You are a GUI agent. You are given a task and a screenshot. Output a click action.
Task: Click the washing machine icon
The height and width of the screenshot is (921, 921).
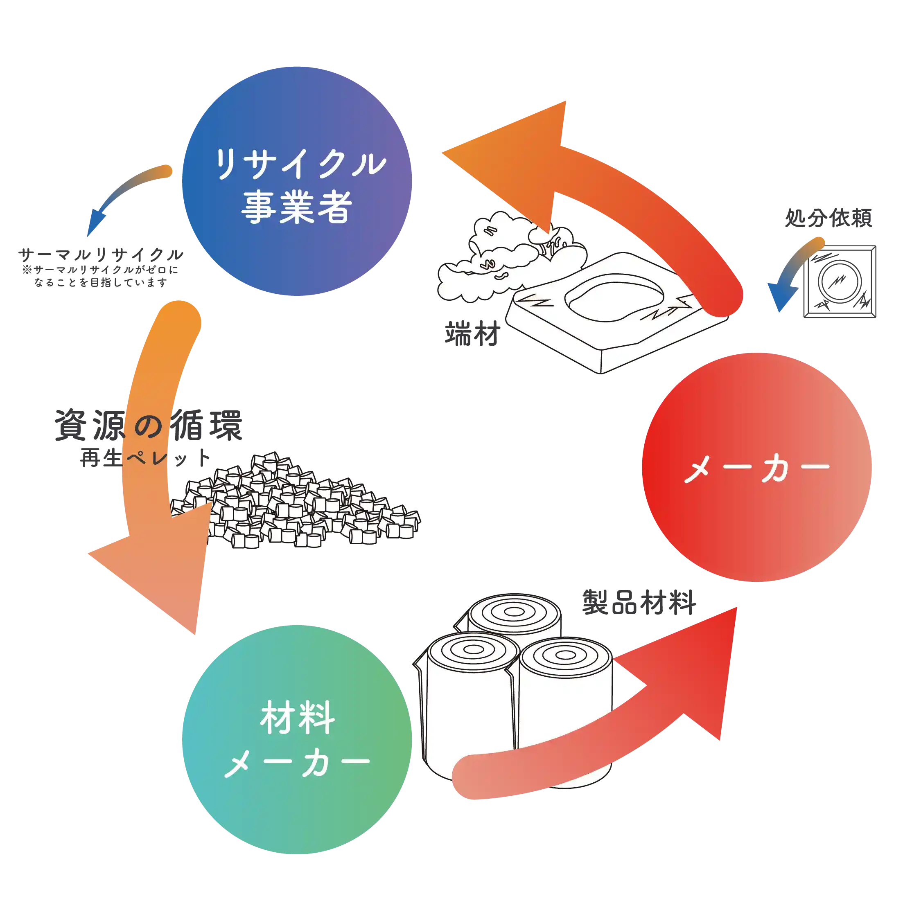tap(840, 281)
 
